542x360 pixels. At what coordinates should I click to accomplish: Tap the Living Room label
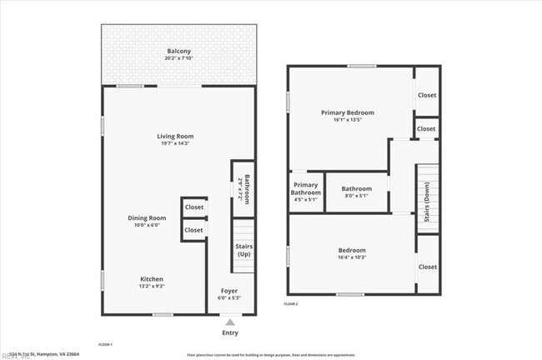pos(175,136)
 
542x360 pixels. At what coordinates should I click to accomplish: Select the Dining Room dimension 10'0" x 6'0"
pos(143,225)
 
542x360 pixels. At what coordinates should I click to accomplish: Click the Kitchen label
pos(151,279)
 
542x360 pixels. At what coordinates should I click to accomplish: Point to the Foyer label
pos(228,291)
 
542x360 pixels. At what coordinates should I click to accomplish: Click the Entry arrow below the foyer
pos(229,321)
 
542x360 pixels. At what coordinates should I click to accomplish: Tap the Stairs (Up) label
pos(244,250)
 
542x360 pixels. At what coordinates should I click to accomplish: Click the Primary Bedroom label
pos(348,112)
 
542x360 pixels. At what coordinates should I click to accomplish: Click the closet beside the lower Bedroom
pos(428,267)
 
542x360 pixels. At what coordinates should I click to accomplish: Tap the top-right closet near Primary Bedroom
pos(427,95)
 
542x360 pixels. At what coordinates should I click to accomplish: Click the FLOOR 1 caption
pos(106,344)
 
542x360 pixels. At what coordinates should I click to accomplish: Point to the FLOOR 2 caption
pos(290,305)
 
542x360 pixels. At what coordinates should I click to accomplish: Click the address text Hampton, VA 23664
pos(55,354)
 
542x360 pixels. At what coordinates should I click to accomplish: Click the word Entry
pos(230,332)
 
